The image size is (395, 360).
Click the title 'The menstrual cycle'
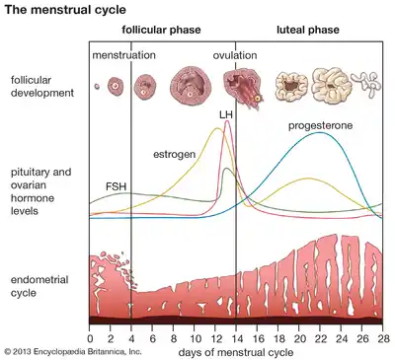(63, 10)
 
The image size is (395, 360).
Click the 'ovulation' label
(235, 55)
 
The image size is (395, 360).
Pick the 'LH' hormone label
(226, 115)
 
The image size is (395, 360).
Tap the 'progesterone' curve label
(321, 126)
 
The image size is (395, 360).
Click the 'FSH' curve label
(116, 185)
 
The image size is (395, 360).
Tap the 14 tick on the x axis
(237, 337)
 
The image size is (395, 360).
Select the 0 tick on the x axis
(90, 337)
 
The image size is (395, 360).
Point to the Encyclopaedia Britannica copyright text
(72, 351)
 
